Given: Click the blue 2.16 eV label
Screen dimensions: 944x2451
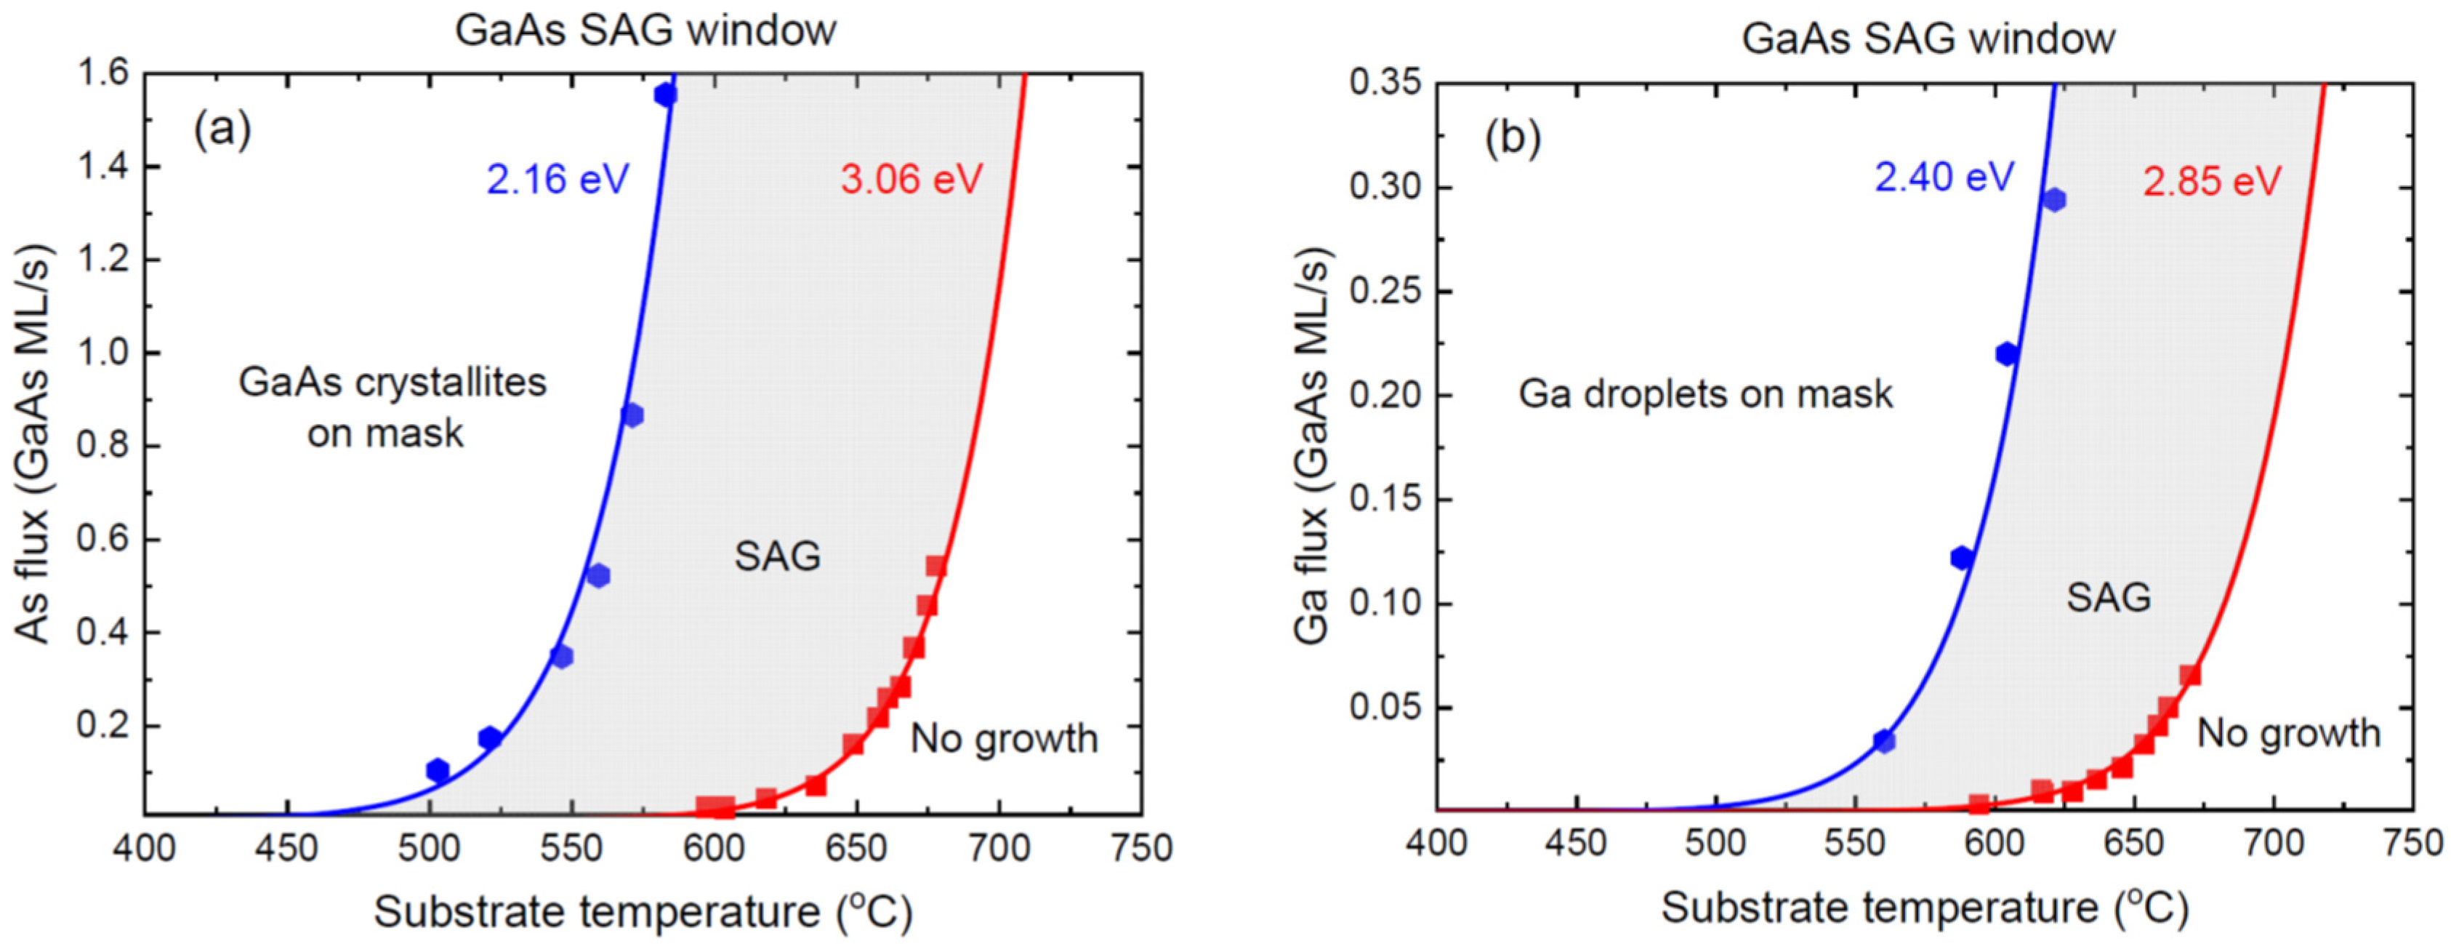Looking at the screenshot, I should [x=558, y=179].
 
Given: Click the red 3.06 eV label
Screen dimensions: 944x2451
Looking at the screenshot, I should [x=911, y=179].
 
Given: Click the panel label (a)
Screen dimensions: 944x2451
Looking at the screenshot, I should [x=222, y=129].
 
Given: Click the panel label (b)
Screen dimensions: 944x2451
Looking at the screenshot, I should [x=1513, y=139].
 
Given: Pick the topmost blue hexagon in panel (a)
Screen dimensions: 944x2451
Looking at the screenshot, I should [x=665, y=95].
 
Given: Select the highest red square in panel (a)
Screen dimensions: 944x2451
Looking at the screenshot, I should [x=936, y=567].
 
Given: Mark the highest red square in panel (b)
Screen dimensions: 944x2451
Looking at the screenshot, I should [x=2189, y=675].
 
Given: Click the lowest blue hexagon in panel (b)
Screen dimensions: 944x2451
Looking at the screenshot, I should [x=1884, y=740].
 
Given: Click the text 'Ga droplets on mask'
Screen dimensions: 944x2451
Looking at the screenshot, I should [x=1705, y=394].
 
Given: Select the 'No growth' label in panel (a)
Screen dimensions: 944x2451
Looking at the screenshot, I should [x=1004, y=738].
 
